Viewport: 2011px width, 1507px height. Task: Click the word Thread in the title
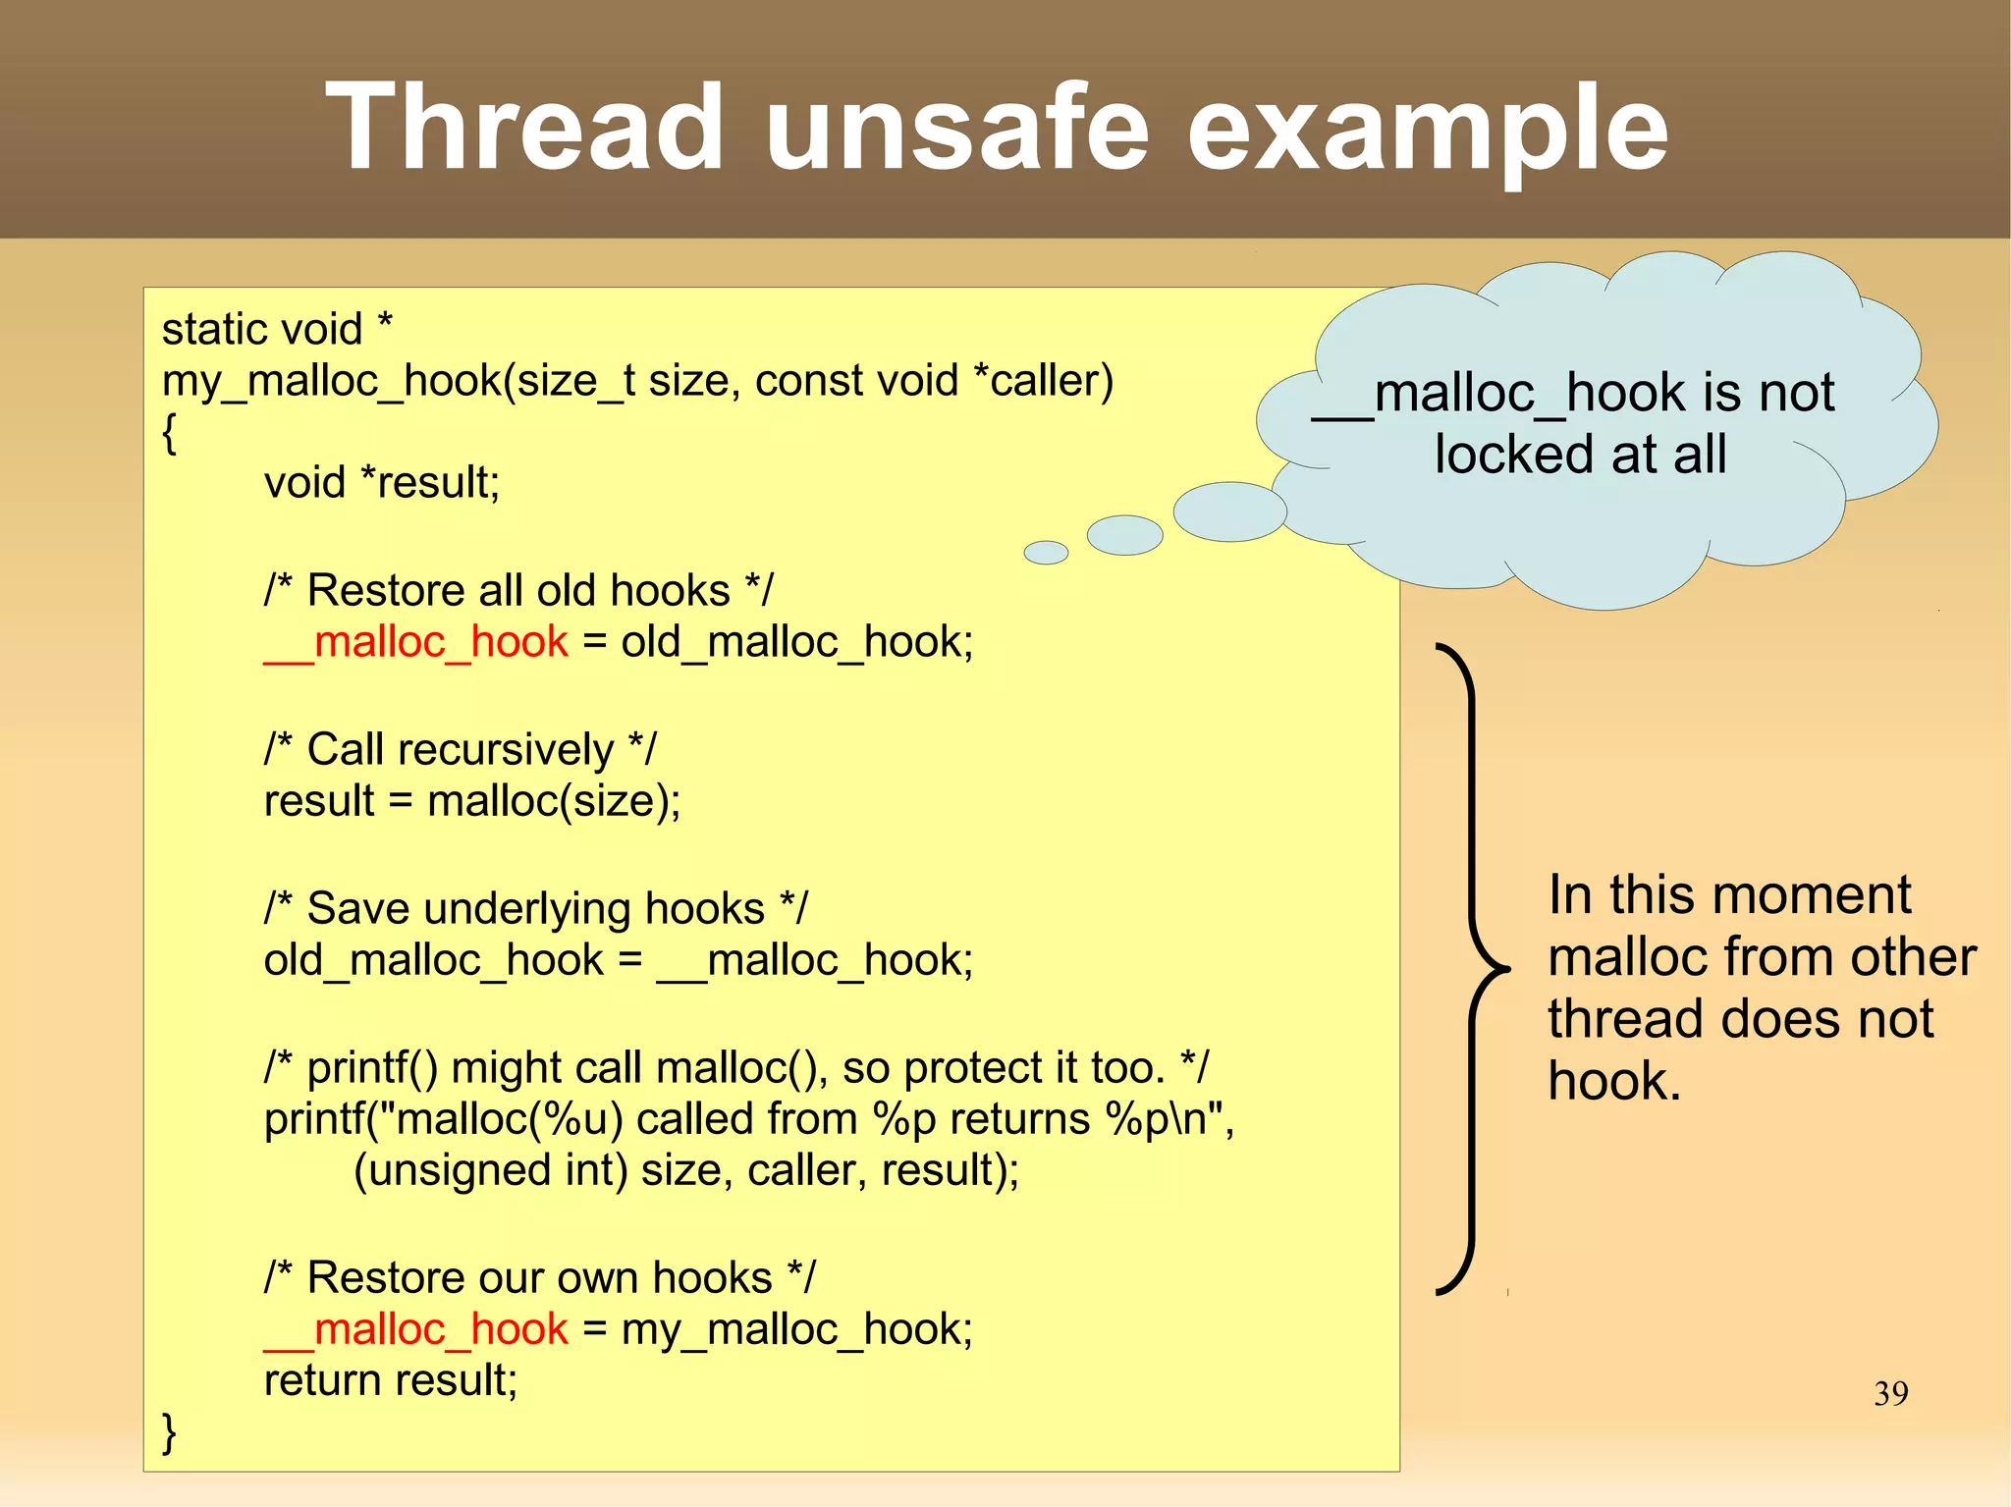(x=524, y=128)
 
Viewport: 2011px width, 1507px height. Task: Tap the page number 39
(x=1890, y=1393)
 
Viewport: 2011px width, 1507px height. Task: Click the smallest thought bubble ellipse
(x=1046, y=553)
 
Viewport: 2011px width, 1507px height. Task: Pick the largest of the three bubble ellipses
(x=1229, y=511)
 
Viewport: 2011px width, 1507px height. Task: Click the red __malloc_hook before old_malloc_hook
(x=416, y=642)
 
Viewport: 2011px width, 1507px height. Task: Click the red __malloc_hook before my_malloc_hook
(x=416, y=1329)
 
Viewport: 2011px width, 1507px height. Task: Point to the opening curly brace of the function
(x=169, y=433)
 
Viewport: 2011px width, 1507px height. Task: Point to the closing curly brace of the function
(x=169, y=1432)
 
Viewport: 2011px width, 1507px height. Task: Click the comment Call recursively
(x=460, y=749)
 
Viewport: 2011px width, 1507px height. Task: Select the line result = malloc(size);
(x=471, y=801)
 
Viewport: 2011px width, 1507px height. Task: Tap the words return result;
(x=390, y=1380)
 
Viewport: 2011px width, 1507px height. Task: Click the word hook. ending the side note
(x=1614, y=1081)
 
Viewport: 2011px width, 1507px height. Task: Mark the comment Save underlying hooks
(x=535, y=908)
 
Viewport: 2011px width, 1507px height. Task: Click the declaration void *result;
(x=382, y=482)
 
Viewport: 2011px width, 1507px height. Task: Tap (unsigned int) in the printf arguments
(x=490, y=1170)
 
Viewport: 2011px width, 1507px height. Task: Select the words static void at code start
(x=261, y=329)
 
